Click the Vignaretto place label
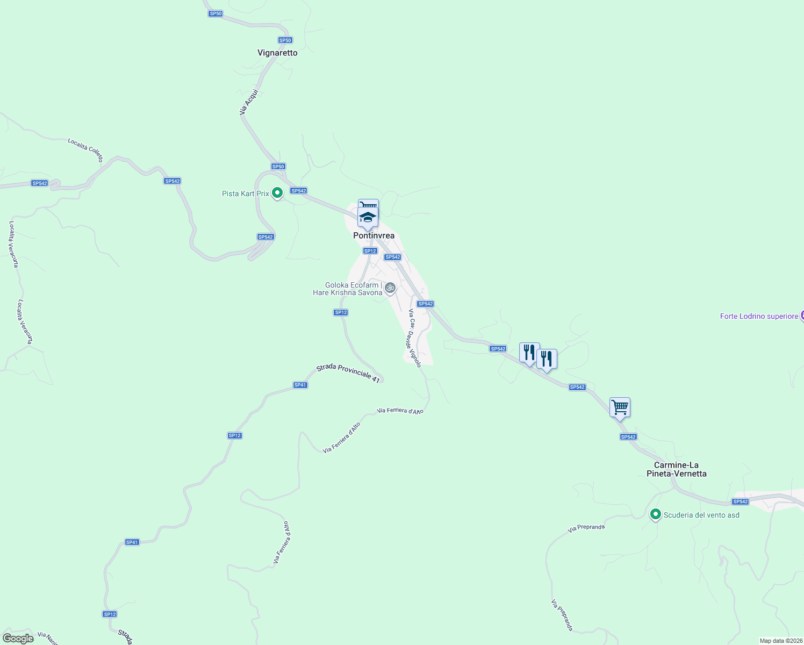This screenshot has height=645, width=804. pos(277,53)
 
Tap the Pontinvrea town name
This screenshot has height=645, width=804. pos(374,235)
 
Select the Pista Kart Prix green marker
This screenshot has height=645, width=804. pos(277,193)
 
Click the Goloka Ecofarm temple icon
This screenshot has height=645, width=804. pos(390,288)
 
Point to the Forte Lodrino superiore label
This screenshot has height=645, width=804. pos(759,316)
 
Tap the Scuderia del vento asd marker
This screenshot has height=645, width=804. pos(655,514)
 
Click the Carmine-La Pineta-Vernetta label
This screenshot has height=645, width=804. pos(676,469)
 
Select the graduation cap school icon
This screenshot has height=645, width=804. pos(368,217)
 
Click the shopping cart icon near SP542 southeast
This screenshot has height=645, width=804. pos(620,407)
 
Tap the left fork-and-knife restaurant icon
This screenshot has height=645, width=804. pos(529,353)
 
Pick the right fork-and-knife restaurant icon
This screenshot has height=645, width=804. pos(547,359)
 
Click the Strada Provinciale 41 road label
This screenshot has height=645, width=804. pos(348,372)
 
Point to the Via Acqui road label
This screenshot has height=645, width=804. pos(249,102)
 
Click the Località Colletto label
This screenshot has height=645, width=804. pos(85,149)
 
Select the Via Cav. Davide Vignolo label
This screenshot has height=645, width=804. pos(414,338)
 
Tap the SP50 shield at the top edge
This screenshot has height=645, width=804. pos(216,13)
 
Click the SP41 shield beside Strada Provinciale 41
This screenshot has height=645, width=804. pos(300,385)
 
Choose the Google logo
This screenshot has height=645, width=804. pos(18,639)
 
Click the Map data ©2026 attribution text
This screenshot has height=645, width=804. pos(781,641)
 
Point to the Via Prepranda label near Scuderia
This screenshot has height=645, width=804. pos(586,528)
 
